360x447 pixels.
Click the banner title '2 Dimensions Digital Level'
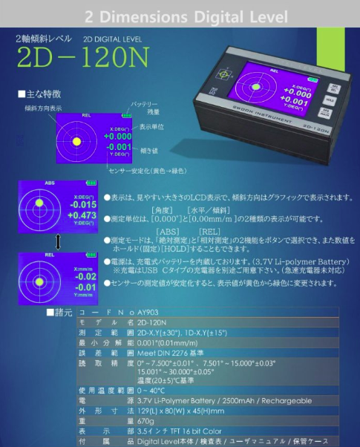pyautogui.click(x=180, y=16)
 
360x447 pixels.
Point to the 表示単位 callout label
pyautogui.click(x=152, y=126)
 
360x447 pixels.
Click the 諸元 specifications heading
pyautogui.click(x=62, y=312)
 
